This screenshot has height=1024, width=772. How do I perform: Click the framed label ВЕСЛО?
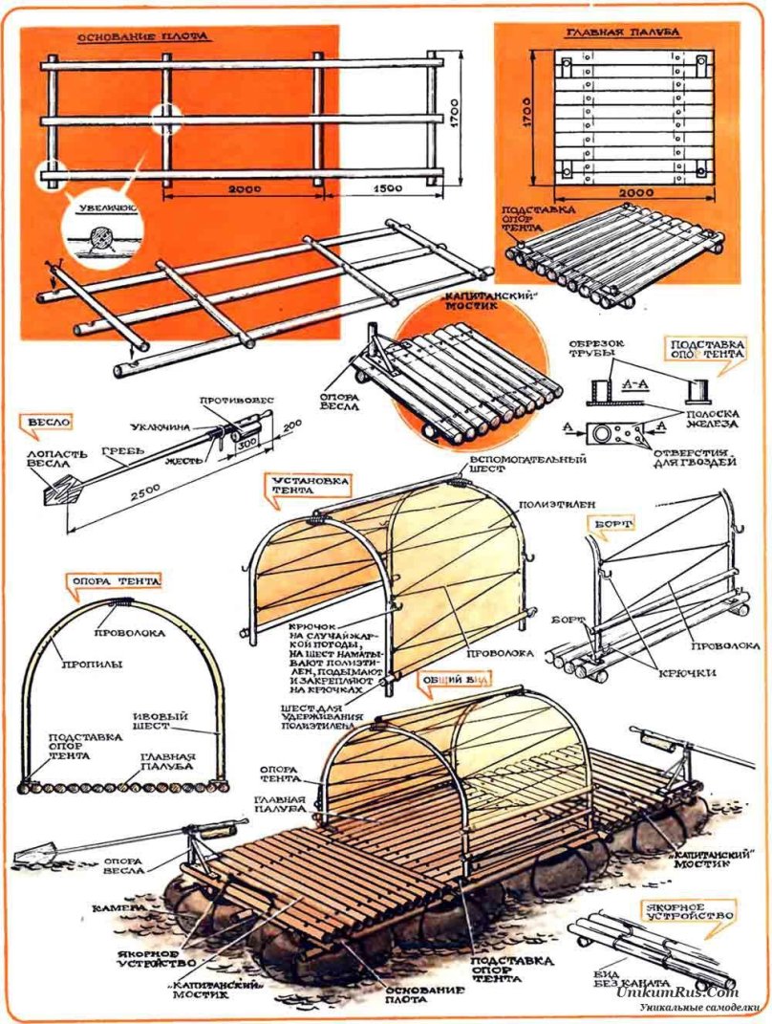47,421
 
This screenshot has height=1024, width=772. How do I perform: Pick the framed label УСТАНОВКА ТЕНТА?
297,485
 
